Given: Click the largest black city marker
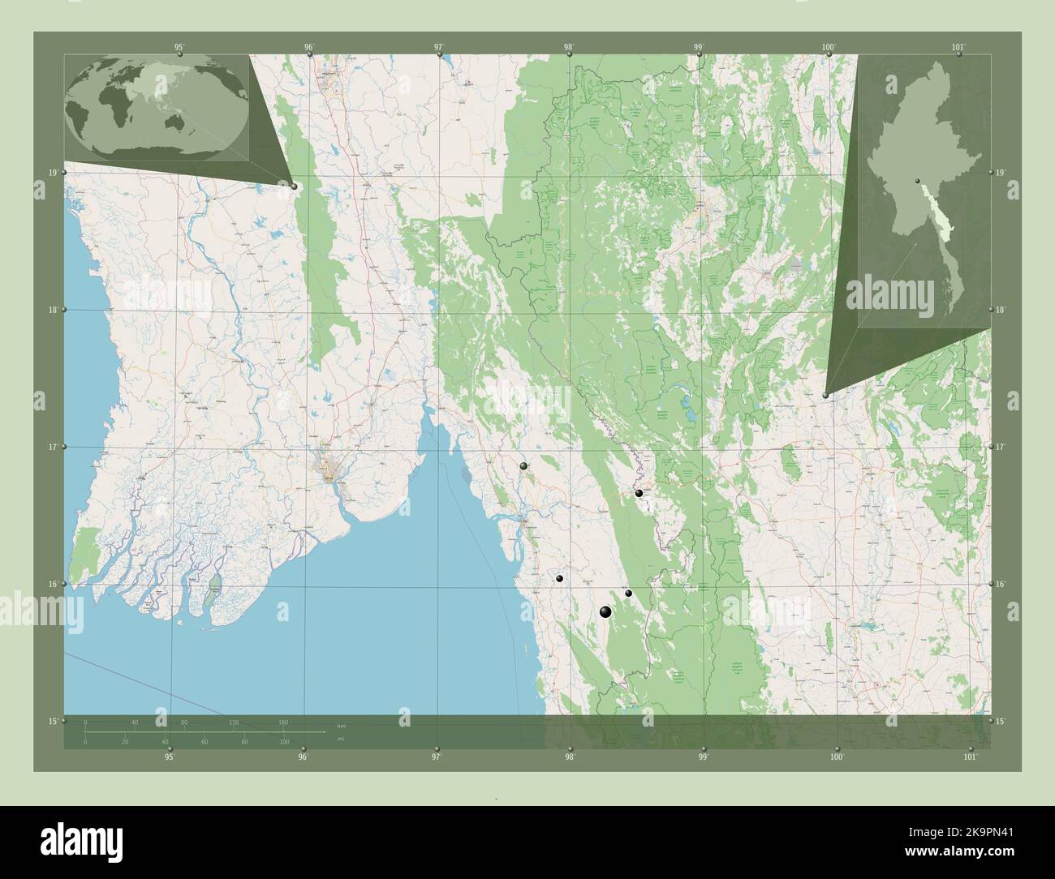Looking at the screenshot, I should click(x=605, y=612).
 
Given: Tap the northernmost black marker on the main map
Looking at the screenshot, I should click(x=523, y=466).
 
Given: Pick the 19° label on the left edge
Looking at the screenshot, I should click(x=52, y=173).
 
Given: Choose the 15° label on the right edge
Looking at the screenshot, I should click(x=1000, y=721).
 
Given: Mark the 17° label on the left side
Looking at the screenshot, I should click(x=52, y=447).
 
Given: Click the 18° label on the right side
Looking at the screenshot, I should click(x=1000, y=310).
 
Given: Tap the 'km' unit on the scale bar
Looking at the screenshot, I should click(x=341, y=725).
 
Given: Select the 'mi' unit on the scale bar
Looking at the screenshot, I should click(x=341, y=738).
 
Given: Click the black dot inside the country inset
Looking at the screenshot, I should click(x=917, y=181).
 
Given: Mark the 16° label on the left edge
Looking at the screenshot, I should click(x=52, y=584).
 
